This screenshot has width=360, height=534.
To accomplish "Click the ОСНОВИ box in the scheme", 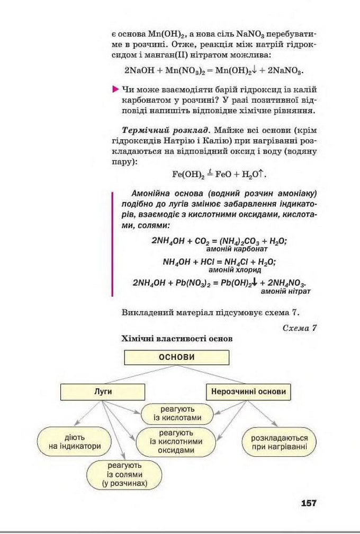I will (177, 357).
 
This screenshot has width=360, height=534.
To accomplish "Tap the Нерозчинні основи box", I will (248, 392).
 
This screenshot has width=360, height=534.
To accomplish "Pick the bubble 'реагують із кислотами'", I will (177, 413).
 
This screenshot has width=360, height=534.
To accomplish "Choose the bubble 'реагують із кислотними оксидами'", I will (177, 442).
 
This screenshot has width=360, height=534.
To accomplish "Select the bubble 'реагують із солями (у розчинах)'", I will (124, 475).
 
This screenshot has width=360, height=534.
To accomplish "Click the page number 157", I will (308, 503).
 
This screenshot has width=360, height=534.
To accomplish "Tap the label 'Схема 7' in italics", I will (300, 328).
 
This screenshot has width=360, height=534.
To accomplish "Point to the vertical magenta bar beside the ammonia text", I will (112, 243).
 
